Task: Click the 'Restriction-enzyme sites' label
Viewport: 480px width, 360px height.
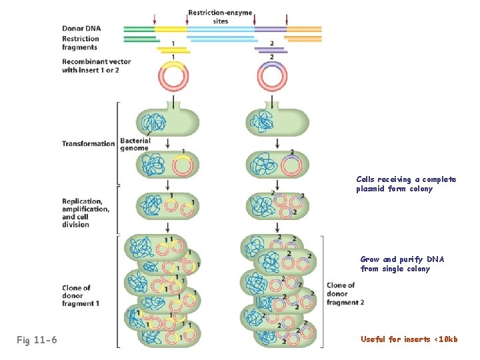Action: coord(220,17)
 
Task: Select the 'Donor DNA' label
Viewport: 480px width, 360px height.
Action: coord(82,29)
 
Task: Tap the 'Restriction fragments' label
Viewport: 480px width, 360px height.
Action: coord(81,43)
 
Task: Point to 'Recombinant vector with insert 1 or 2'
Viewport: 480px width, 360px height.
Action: coord(96,65)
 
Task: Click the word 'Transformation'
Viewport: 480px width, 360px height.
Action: coord(89,143)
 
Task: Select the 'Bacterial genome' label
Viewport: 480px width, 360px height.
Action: coord(135,144)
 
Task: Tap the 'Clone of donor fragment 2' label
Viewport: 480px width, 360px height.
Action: coord(345,293)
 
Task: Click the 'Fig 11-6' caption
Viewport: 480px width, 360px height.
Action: coord(37,341)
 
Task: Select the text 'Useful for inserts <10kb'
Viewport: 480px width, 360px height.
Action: coord(409,339)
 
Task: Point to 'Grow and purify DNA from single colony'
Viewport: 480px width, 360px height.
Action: coord(402,264)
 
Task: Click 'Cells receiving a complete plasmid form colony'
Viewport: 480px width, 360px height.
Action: coord(406,184)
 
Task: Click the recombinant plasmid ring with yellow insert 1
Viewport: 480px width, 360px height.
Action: coord(173,77)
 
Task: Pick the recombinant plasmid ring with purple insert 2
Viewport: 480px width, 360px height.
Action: coord(272,77)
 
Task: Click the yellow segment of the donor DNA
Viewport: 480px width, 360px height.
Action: coord(171,29)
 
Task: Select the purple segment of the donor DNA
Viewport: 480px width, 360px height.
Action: coord(271,29)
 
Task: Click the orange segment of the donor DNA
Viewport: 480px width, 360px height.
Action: coord(304,29)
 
